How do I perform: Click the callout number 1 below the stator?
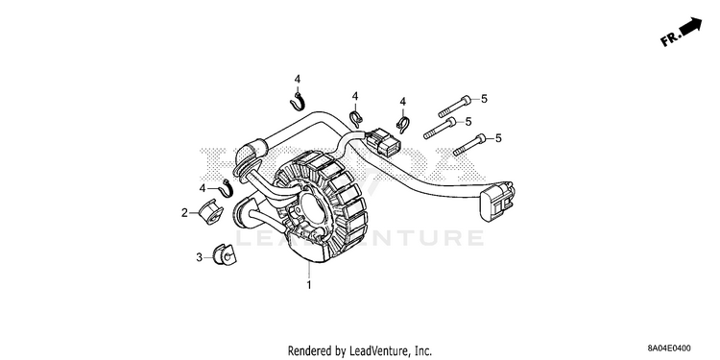pyautogui.click(x=309, y=285)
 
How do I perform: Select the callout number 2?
pyautogui.click(x=184, y=212)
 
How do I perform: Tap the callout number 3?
pyautogui.click(x=200, y=257)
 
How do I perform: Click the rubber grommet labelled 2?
pyautogui.click(x=210, y=212)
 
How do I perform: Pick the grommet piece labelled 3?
pyautogui.click(x=224, y=254)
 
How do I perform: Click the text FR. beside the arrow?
pyautogui.click(x=669, y=39)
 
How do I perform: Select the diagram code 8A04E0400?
pyautogui.click(x=669, y=348)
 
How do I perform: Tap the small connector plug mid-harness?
pyautogui.click(x=383, y=140)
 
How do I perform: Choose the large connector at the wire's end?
pyautogui.click(x=497, y=201)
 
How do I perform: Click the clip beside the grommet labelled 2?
pyautogui.click(x=227, y=188)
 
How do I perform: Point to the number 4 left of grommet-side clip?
pyautogui.click(x=203, y=188)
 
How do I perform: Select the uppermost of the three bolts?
pyautogui.click(x=455, y=106)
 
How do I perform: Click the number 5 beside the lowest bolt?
pyautogui.click(x=498, y=137)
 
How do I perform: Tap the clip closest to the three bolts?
pyautogui.click(x=402, y=124)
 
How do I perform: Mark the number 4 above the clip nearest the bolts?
pyautogui.click(x=402, y=102)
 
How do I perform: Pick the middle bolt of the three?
pyautogui.click(x=440, y=128)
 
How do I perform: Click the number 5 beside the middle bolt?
pyautogui.click(x=468, y=121)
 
